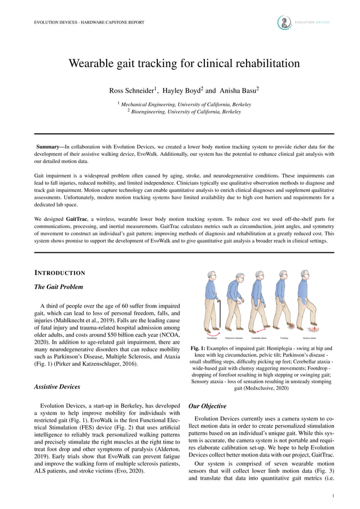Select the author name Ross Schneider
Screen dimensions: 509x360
coord(133,90)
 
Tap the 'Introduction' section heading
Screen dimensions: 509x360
coord(60,274)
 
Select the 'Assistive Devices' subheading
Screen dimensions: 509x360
coord(58,387)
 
